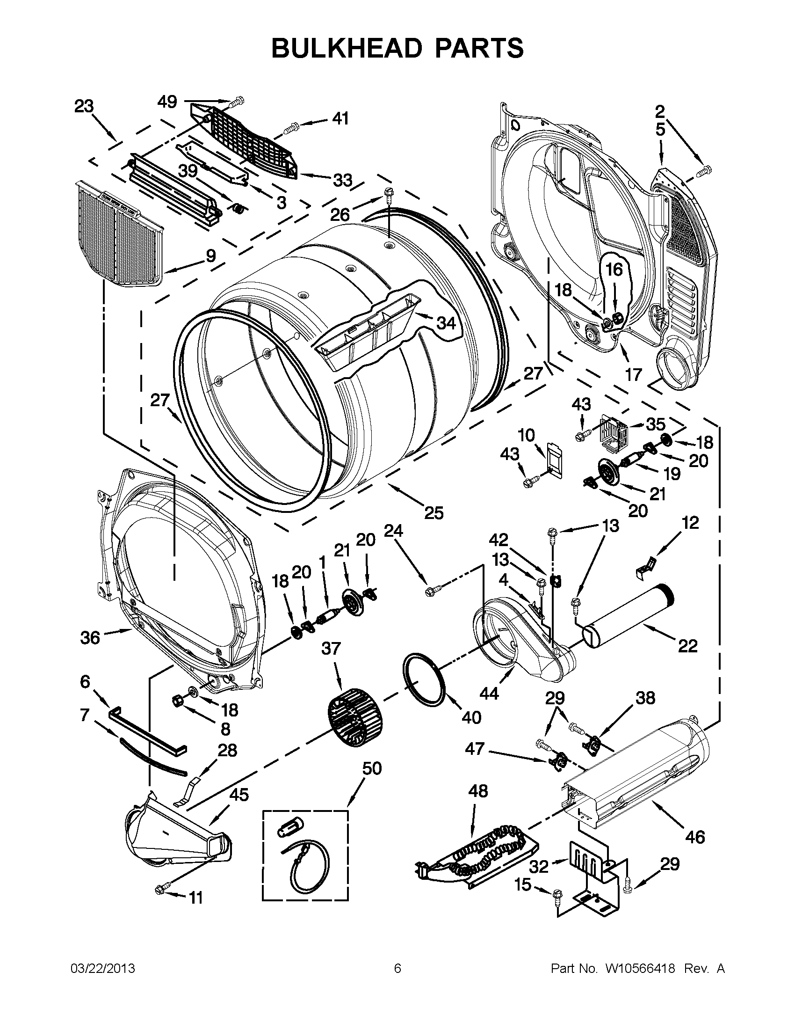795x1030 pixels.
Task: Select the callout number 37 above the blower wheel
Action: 331,649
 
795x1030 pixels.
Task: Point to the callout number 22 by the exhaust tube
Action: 687,646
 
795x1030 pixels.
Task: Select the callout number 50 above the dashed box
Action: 371,769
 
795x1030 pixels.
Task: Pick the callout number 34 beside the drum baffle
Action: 446,323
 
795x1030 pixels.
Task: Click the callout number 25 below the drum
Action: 434,512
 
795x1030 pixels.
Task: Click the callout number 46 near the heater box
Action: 695,838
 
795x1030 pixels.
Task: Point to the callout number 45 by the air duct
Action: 238,795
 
